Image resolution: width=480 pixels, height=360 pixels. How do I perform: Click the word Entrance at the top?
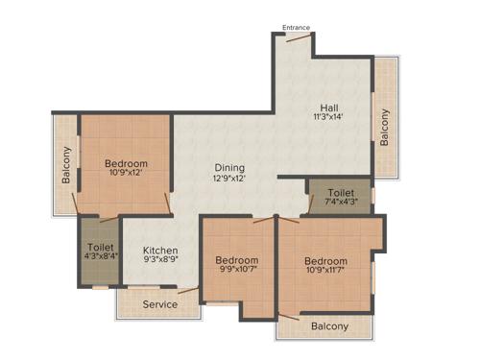297,28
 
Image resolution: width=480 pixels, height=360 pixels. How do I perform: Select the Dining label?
228,167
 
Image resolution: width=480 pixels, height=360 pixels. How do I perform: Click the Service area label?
160,304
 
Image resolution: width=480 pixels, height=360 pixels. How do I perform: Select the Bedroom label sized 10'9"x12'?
126,164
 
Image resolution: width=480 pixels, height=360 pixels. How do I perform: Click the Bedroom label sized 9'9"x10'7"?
236,260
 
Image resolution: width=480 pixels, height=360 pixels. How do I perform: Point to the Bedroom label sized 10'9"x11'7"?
326,260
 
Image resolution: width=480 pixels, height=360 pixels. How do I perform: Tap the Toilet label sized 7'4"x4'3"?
340,192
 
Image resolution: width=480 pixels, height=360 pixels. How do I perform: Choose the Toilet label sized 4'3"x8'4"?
101,246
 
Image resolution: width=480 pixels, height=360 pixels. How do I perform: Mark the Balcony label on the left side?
66,164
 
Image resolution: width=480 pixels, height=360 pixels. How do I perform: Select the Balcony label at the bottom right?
329,326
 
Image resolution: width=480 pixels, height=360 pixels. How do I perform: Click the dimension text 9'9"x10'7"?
236,271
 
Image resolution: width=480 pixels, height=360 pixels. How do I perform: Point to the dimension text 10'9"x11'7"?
326,271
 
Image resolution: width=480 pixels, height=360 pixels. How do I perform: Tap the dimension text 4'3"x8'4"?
101,256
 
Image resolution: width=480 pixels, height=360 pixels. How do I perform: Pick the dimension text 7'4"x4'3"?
340,203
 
